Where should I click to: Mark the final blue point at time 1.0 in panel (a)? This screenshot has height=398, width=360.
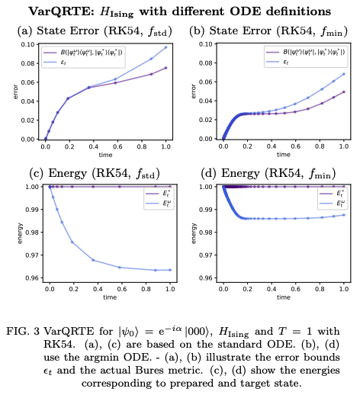[x=166, y=47]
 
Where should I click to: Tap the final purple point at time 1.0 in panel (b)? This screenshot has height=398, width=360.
[x=344, y=91]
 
